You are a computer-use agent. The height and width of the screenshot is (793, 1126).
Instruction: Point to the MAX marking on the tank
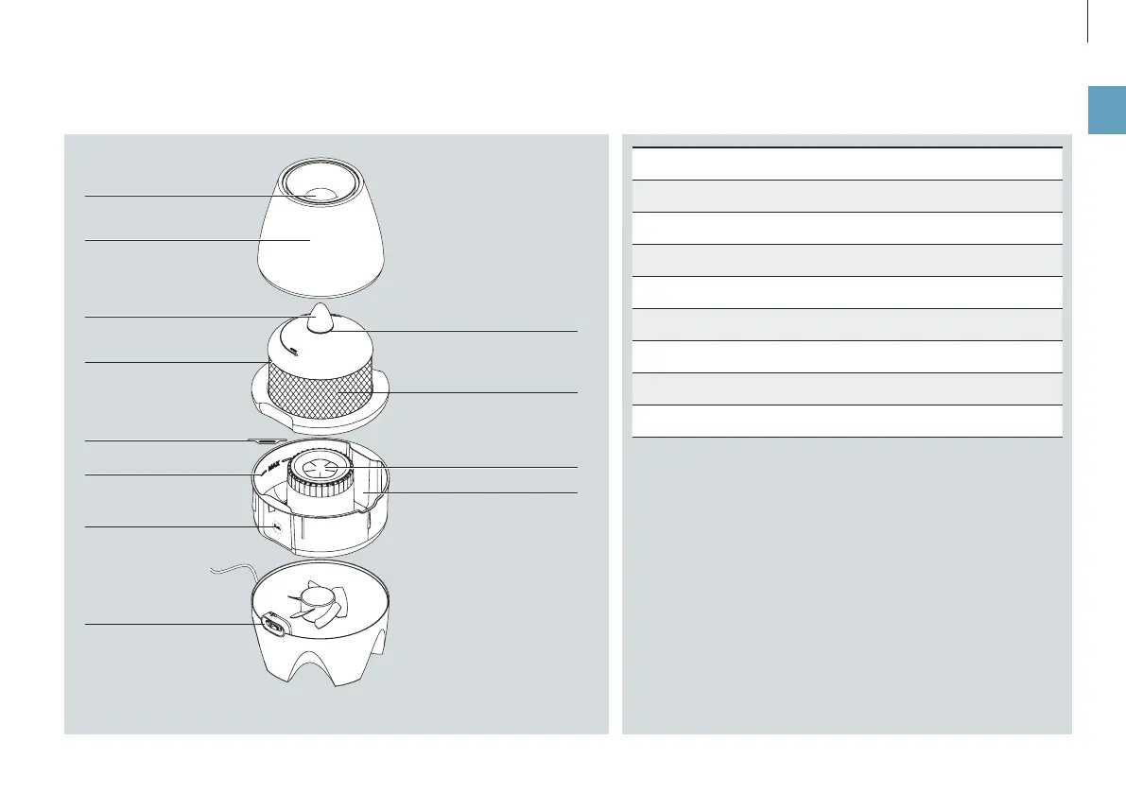click(275, 465)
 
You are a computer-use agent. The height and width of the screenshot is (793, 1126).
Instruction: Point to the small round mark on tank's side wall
click(275, 526)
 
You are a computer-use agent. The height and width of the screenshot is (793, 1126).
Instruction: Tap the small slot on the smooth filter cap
click(294, 353)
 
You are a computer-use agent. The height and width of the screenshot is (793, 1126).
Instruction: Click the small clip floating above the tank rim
click(268, 440)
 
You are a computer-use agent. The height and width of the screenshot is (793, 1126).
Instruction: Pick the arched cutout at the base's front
click(318, 671)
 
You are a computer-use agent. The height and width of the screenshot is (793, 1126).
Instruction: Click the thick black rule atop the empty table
click(846, 147)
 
